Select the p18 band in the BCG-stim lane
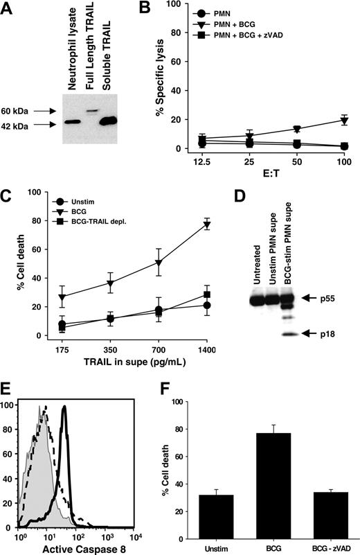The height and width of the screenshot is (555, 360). point(288,335)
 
